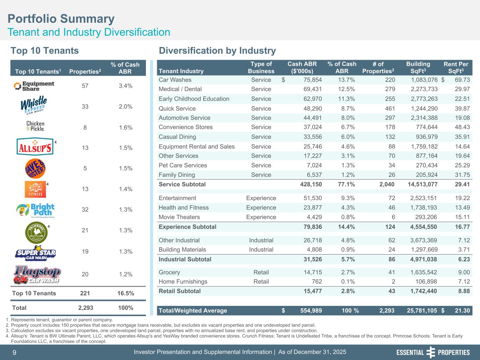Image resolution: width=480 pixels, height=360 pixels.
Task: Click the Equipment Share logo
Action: (34, 86)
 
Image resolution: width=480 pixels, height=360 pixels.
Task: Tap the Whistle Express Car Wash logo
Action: (34, 105)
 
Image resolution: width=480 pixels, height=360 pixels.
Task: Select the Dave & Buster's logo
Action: (35, 169)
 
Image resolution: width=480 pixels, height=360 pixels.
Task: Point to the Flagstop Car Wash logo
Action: (37, 275)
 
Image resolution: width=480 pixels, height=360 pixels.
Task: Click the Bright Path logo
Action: (35, 210)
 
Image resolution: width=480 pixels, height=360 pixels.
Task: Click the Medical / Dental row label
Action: (180, 89)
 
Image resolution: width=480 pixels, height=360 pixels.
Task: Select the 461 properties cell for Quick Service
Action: (390, 109)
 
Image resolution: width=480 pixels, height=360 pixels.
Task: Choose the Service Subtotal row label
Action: (182, 184)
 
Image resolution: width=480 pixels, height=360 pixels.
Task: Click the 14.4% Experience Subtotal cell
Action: (346, 227)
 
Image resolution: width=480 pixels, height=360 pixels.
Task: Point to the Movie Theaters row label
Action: (179, 217)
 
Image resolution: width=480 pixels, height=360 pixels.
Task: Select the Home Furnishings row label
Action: (183, 282)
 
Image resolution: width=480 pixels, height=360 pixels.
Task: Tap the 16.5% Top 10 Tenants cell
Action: (126, 294)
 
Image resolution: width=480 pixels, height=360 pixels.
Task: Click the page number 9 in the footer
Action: (14, 352)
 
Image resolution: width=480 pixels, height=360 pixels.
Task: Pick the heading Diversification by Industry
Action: (217, 51)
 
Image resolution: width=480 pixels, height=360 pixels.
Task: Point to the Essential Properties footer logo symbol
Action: (430, 352)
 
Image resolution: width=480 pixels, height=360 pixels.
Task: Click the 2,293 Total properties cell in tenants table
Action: (85, 308)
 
